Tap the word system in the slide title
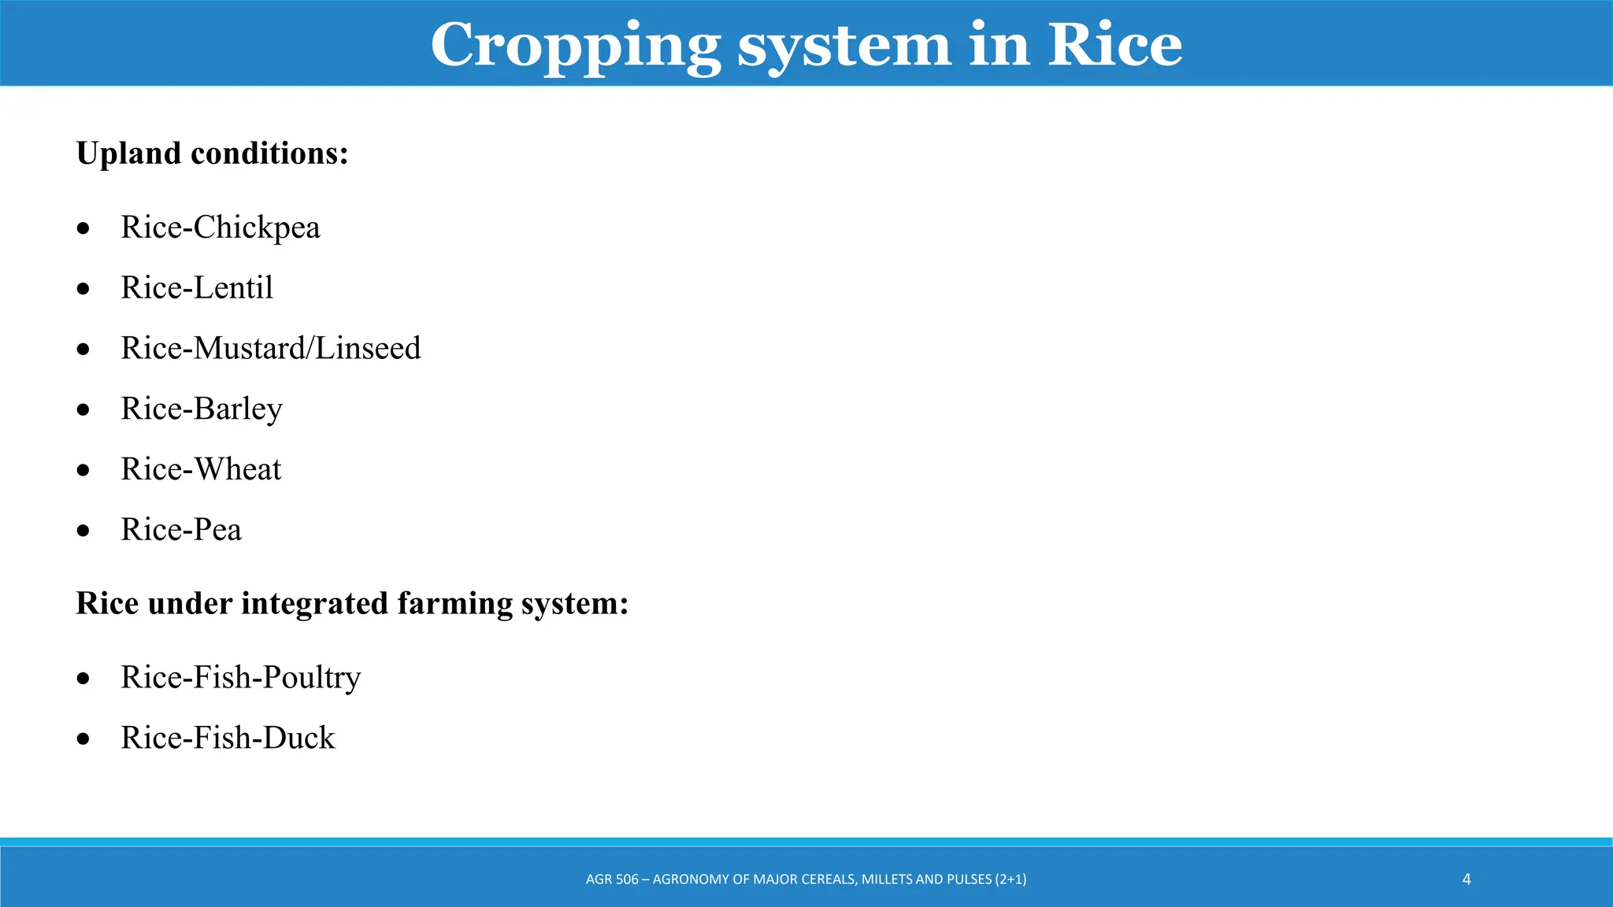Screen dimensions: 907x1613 click(844, 46)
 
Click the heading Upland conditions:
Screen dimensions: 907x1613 click(212, 153)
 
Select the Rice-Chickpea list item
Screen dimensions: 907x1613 click(220, 228)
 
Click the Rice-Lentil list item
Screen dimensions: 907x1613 click(196, 288)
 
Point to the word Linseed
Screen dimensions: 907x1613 click(368, 348)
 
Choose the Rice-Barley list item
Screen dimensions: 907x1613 click(201, 409)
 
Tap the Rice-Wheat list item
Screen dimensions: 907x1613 click(200, 469)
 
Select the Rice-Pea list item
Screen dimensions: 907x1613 click(180, 530)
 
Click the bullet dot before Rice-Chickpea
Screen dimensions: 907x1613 click(83, 229)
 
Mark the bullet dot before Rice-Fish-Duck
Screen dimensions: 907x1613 click(83, 739)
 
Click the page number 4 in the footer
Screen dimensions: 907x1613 click(1467, 879)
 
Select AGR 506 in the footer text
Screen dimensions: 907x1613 click(612, 879)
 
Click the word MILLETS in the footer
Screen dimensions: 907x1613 click(887, 879)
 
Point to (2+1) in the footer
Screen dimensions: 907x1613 click(1010, 879)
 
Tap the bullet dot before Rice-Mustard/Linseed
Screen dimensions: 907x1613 click(83, 350)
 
